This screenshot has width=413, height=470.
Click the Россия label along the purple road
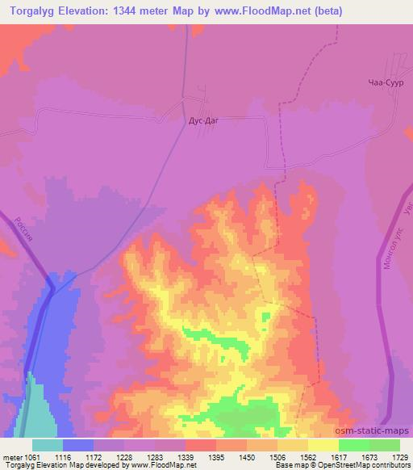tap(24, 233)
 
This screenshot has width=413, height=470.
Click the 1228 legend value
tap(126, 457)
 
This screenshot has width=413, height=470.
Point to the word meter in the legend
tap(12, 457)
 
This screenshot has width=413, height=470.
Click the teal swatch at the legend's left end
tap(48, 445)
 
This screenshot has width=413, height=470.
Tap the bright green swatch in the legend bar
tap(354, 445)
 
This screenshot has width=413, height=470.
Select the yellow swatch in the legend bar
tap(323, 445)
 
